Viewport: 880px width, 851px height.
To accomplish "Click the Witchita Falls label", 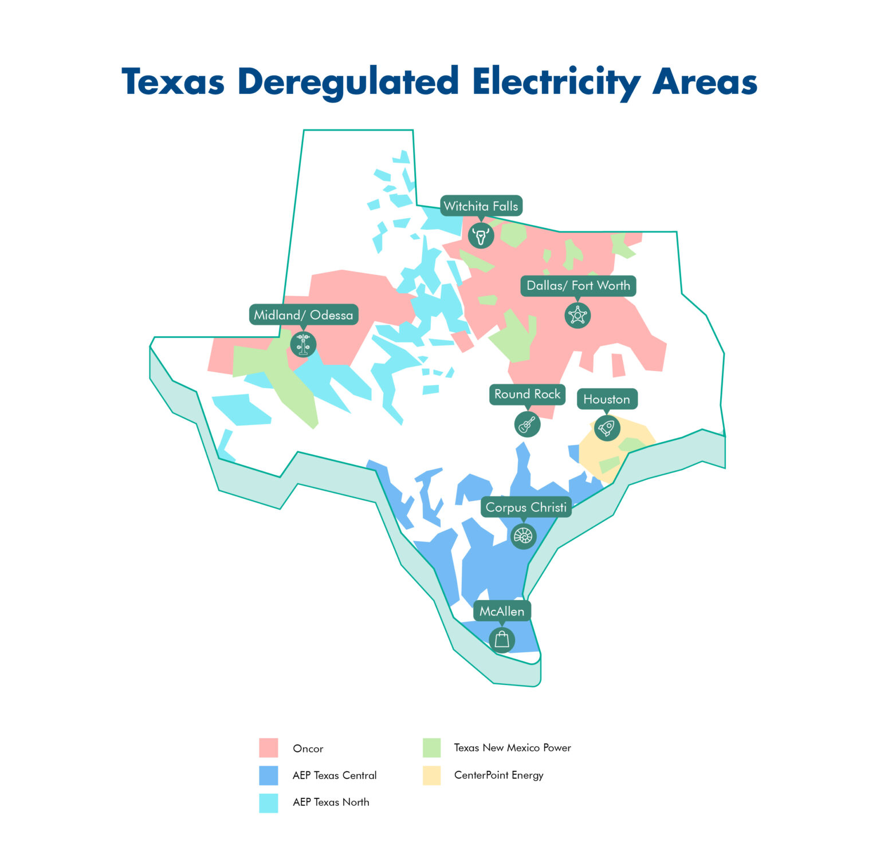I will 481,206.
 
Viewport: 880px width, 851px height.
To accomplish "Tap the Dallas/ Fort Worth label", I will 578,286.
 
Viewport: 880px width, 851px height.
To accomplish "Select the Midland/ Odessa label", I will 304,315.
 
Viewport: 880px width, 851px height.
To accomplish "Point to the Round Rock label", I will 527,394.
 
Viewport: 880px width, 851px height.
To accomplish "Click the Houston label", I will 607,399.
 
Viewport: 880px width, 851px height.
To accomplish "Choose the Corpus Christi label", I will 526,507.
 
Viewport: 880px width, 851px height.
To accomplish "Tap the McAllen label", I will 502,611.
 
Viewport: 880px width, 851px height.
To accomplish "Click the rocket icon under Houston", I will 607,427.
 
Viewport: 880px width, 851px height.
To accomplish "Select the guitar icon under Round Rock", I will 527,424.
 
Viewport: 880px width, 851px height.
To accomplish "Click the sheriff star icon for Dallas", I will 577,315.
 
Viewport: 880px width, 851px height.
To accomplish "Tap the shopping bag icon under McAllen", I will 502,640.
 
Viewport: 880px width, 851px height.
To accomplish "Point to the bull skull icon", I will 481,235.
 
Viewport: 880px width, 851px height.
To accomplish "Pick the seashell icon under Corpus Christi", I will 523,536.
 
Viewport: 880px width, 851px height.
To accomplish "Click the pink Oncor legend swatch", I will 268,748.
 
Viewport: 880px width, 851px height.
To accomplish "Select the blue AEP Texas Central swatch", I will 268,775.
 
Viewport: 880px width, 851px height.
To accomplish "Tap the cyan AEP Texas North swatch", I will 268,802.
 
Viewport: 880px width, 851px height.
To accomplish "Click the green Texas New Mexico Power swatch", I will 431,747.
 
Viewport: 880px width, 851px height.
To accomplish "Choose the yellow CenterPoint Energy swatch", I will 431,775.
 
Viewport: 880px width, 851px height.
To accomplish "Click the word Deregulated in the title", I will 348,82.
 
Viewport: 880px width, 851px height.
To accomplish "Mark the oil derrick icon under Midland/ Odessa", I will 303,344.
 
